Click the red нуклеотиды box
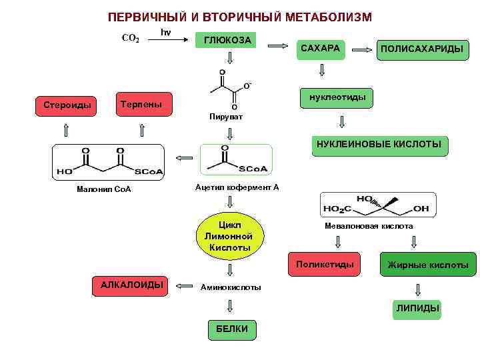pos(337,98)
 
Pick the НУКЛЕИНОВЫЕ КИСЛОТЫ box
pos(378,145)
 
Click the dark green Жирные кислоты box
pos(428,265)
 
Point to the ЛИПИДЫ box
pos(418,309)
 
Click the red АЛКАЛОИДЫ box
pos(131,285)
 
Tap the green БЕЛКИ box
pos(232,329)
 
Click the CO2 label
pos(130,39)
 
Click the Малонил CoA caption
pos(105,189)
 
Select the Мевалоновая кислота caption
pos(369,226)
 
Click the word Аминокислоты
pos(231,287)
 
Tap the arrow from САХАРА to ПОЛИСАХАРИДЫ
pos(362,50)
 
